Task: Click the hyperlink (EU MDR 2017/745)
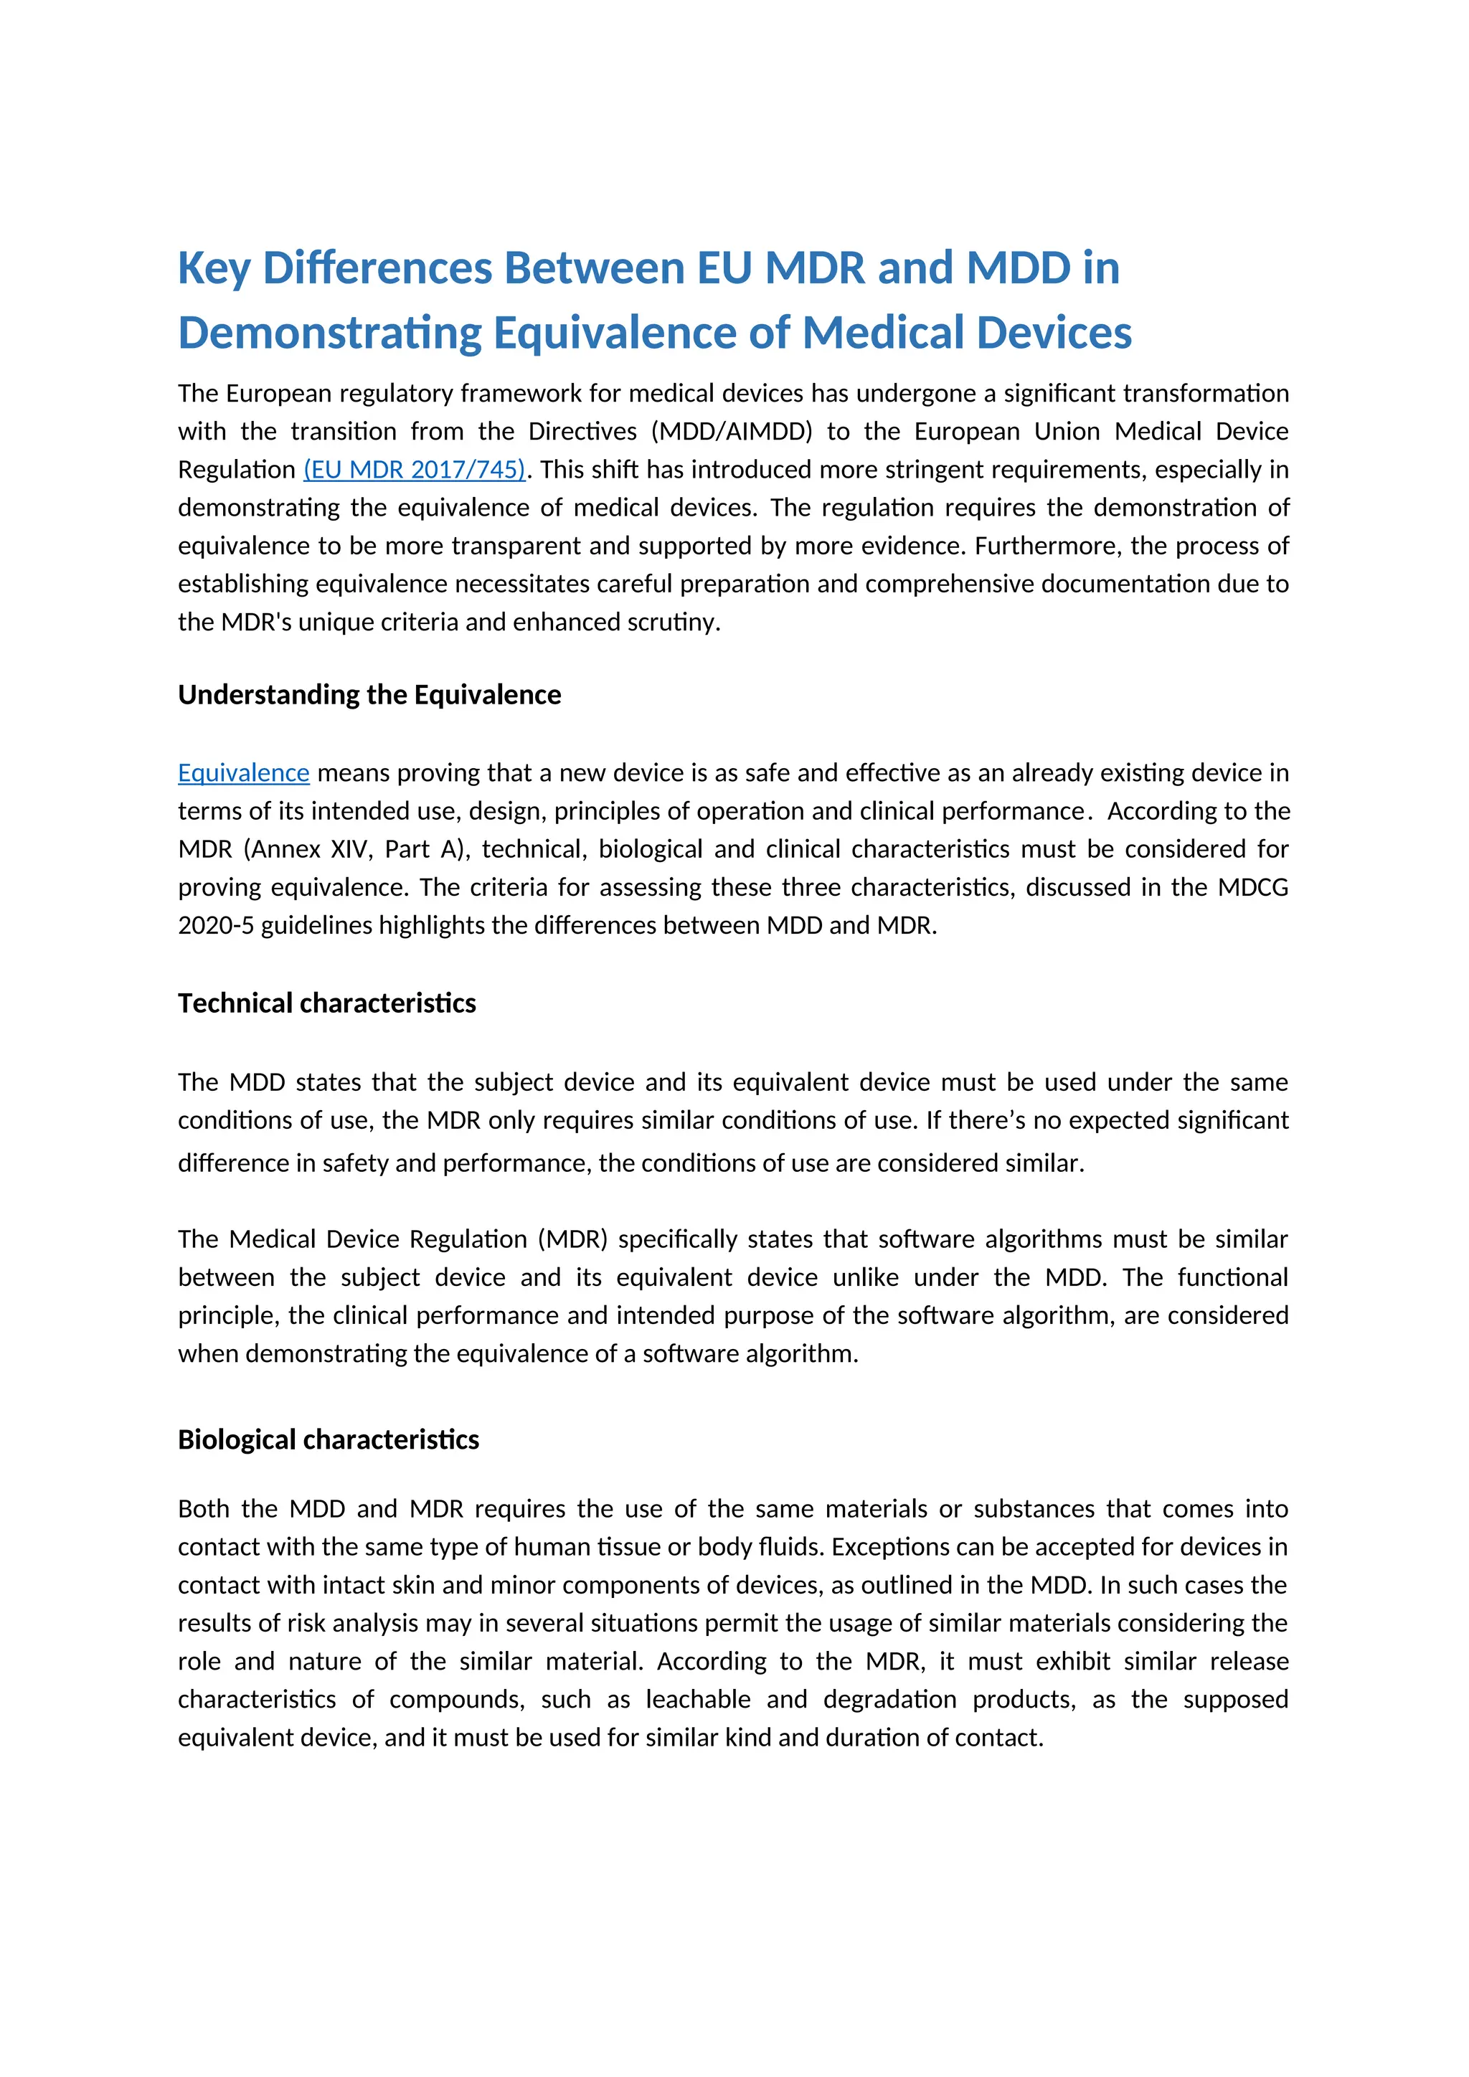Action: [x=415, y=470]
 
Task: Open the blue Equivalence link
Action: [x=243, y=772]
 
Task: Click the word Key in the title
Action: [x=214, y=269]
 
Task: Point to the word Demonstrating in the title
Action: [x=329, y=333]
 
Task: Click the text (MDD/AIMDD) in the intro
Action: [x=732, y=432]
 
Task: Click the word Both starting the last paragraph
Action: [x=204, y=1509]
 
